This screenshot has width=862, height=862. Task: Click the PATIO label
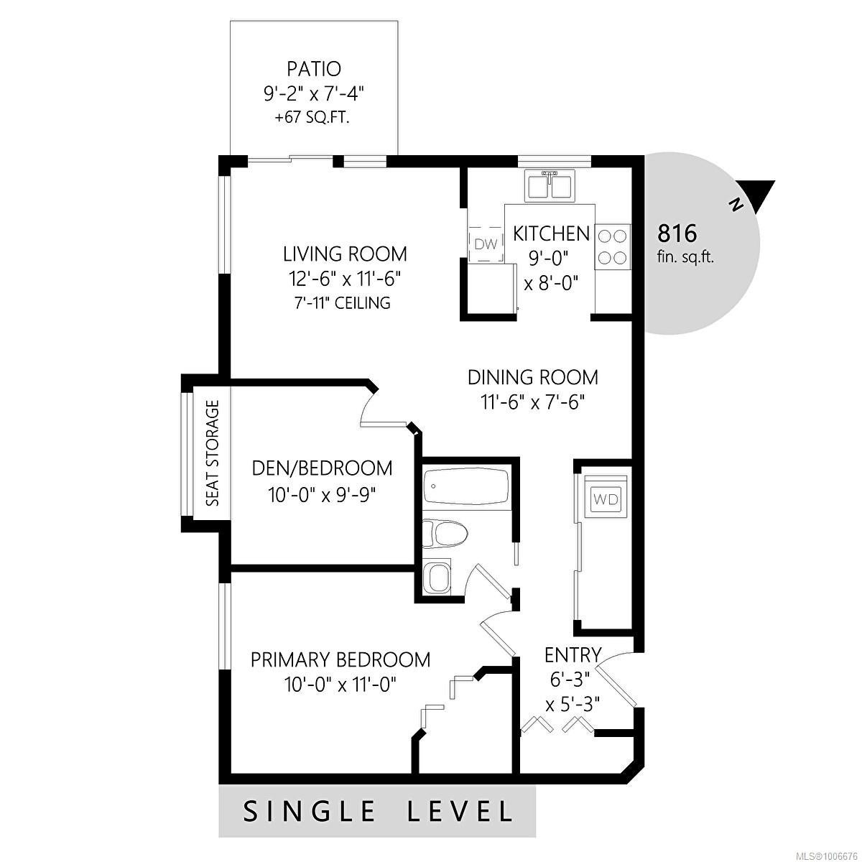(x=314, y=69)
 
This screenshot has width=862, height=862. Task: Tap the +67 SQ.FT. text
(x=312, y=118)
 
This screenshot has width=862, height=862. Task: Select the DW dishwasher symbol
(x=486, y=244)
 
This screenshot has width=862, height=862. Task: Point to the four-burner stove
(x=613, y=247)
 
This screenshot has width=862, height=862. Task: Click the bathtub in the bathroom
(x=466, y=487)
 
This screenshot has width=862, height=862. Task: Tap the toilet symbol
(x=445, y=533)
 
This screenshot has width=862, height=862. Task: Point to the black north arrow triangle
(x=757, y=196)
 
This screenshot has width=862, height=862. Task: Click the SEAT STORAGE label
(x=213, y=453)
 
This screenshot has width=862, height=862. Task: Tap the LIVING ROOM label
(x=345, y=254)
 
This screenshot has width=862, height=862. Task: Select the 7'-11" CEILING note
(x=342, y=303)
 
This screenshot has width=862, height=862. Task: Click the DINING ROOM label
(x=533, y=377)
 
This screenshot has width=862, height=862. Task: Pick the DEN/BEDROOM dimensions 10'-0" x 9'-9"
(x=322, y=495)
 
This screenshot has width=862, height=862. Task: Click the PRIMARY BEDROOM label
(x=340, y=660)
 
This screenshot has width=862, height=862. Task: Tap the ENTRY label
(x=573, y=655)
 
